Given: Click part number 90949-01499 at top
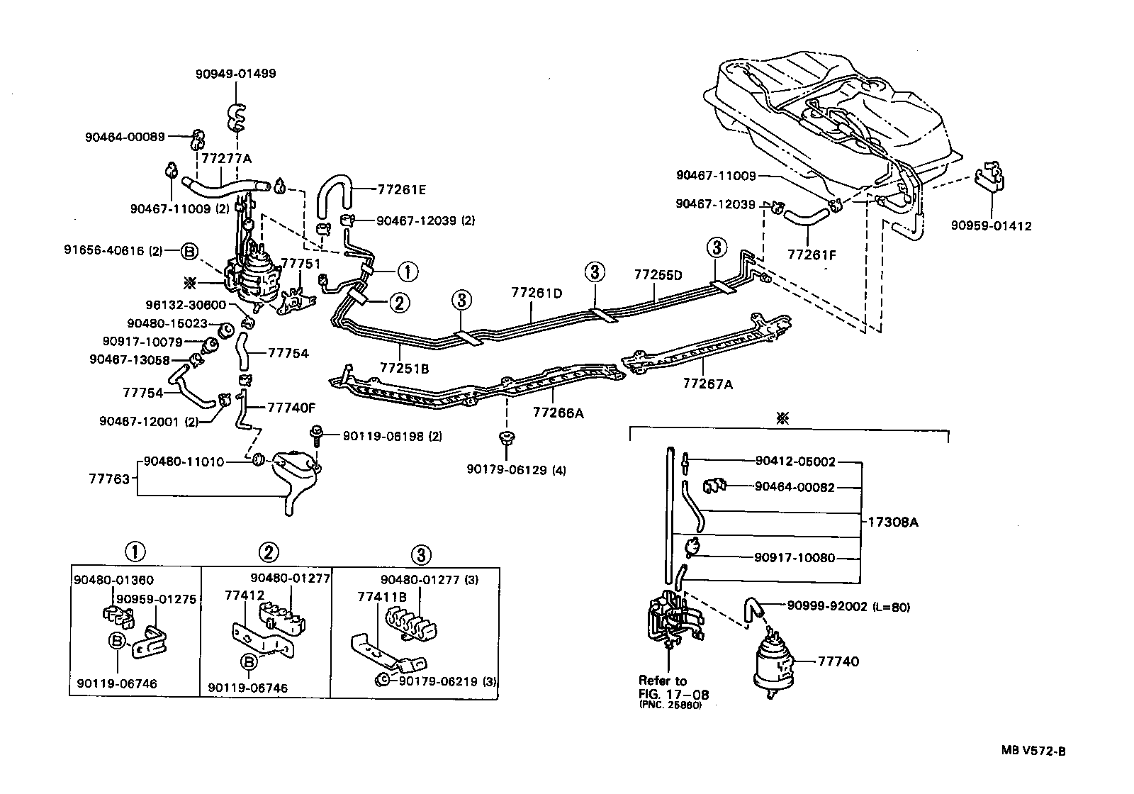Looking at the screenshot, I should coord(235,74).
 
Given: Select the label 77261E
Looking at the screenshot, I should coord(402,190).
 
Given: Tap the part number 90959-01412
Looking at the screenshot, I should coord(991,227).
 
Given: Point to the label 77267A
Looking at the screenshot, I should coord(707,384).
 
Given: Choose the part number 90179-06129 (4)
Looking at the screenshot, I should coord(506,469).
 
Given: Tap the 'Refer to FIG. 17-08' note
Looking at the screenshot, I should coord(673,692).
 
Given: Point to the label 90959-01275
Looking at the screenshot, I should coord(156,598).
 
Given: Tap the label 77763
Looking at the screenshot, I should coord(108,479).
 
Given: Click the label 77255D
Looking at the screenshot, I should coord(658,275).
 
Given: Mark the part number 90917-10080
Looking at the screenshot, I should coord(795,558).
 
